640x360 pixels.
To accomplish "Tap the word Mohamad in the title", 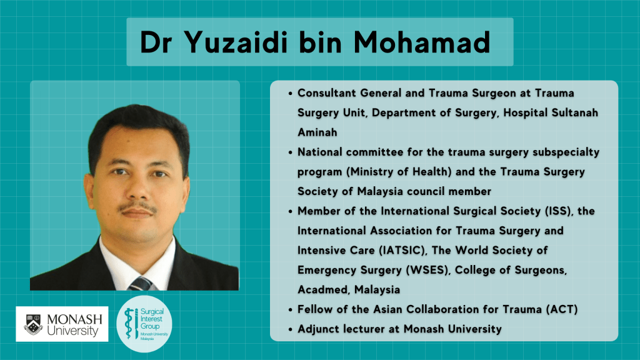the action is (422, 42).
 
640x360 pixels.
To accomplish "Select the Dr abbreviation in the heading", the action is (156, 42).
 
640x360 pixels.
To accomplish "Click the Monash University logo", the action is (62, 324).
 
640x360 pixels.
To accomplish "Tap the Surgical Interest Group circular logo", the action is (144, 324).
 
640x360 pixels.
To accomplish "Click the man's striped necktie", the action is (139, 283).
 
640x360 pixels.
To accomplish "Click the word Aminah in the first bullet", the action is (317, 132).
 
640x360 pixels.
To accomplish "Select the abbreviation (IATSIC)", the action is (403, 250).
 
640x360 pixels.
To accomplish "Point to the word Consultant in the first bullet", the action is (326, 93).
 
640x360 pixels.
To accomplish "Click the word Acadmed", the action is (324, 290).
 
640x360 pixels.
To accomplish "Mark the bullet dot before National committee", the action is (290, 153).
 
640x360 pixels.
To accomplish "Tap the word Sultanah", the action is (575, 112).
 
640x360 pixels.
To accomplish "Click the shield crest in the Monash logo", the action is (34, 324).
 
